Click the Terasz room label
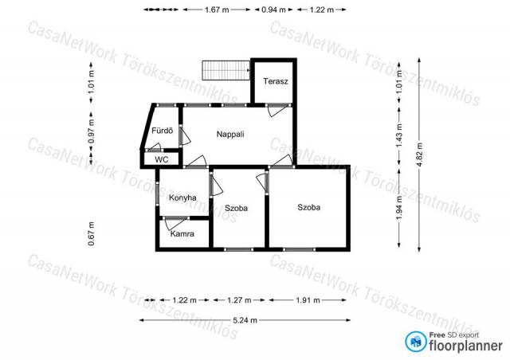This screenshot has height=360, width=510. coord(276,81)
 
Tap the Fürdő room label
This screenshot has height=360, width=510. coord(163,131)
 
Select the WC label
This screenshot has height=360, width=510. coord(162,159)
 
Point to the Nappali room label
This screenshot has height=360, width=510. coord(230,134)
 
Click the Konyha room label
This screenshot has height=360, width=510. coord(182,198)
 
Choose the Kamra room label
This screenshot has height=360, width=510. coord(182,233)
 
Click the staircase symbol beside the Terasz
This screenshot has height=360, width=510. coord(226,70)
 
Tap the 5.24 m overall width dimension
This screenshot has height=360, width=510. coord(245,320)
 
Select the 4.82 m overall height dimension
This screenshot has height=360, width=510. coord(419,155)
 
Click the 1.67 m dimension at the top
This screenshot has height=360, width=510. coord(217,10)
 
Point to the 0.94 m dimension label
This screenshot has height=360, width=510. coord(273,10)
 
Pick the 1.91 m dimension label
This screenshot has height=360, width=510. coord(308,299)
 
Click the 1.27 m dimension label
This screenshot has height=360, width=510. coord(239,299)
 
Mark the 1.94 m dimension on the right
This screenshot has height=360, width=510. coord(399,208)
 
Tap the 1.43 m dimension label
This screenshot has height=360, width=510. coord(399,135)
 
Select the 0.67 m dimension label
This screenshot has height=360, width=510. coord(92,233)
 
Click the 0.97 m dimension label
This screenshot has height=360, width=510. coord(92,131)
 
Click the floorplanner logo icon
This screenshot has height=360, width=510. coord(416,342)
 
